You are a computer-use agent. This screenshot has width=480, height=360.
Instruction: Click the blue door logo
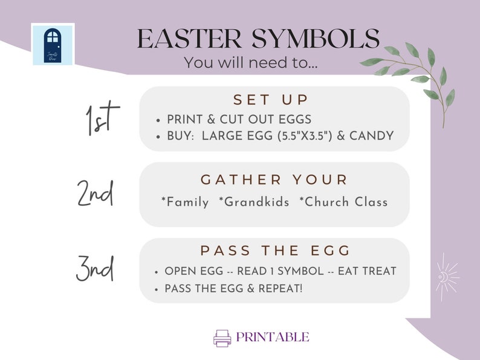pos(53,44)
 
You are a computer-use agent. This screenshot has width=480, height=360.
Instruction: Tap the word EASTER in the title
pos(186,39)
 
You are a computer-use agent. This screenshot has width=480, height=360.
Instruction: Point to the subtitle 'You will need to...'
pos(250,62)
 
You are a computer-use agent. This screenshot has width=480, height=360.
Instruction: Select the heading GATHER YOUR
pos(274,180)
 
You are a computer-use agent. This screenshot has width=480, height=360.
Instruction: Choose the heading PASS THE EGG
pos(274,250)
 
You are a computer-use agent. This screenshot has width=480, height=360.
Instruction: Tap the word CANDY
pos(372,136)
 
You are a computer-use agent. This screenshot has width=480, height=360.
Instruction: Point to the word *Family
pos(185,202)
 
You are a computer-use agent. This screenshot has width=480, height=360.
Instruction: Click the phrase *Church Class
pos(343,202)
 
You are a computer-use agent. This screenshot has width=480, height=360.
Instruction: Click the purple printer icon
pos(222,338)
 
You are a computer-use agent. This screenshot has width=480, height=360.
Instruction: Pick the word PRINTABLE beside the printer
pos(273,338)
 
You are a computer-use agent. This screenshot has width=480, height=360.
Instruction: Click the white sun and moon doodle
pos(447,277)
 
